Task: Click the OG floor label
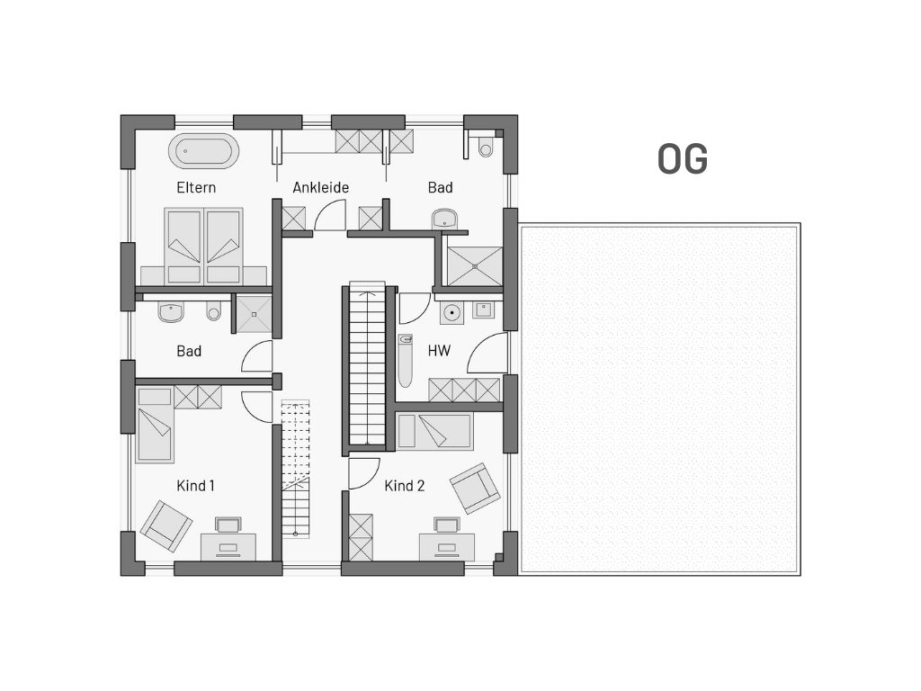pyautogui.click(x=682, y=158)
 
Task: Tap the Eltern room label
pyautogui.click(x=196, y=187)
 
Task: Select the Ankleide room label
pyautogui.click(x=321, y=187)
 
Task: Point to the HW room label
pyautogui.click(x=439, y=351)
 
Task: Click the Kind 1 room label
pyautogui.click(x=195, y=485)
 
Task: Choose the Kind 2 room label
pyautogui.click(x=404, y=485)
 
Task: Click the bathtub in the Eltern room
pyautogui.click(x=204, y=151)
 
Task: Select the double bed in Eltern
pyautogui.click(x=204, y=246)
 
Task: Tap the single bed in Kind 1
pyautogui.click(x=155, y=425)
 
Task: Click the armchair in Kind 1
pyautogui.click(x=166, y=525)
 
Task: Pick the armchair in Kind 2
pyautogui.click(x=475, y=488)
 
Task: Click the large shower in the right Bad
pyautogui.click(x=475, y=266)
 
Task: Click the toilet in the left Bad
pyautogui.click(x=214, y=310)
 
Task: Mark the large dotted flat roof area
pyautogui.click(x=659, y=399)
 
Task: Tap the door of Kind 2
pyautogui.click(x=363, y=473)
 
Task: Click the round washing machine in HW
pyautogui.click(x=452, y=312)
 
